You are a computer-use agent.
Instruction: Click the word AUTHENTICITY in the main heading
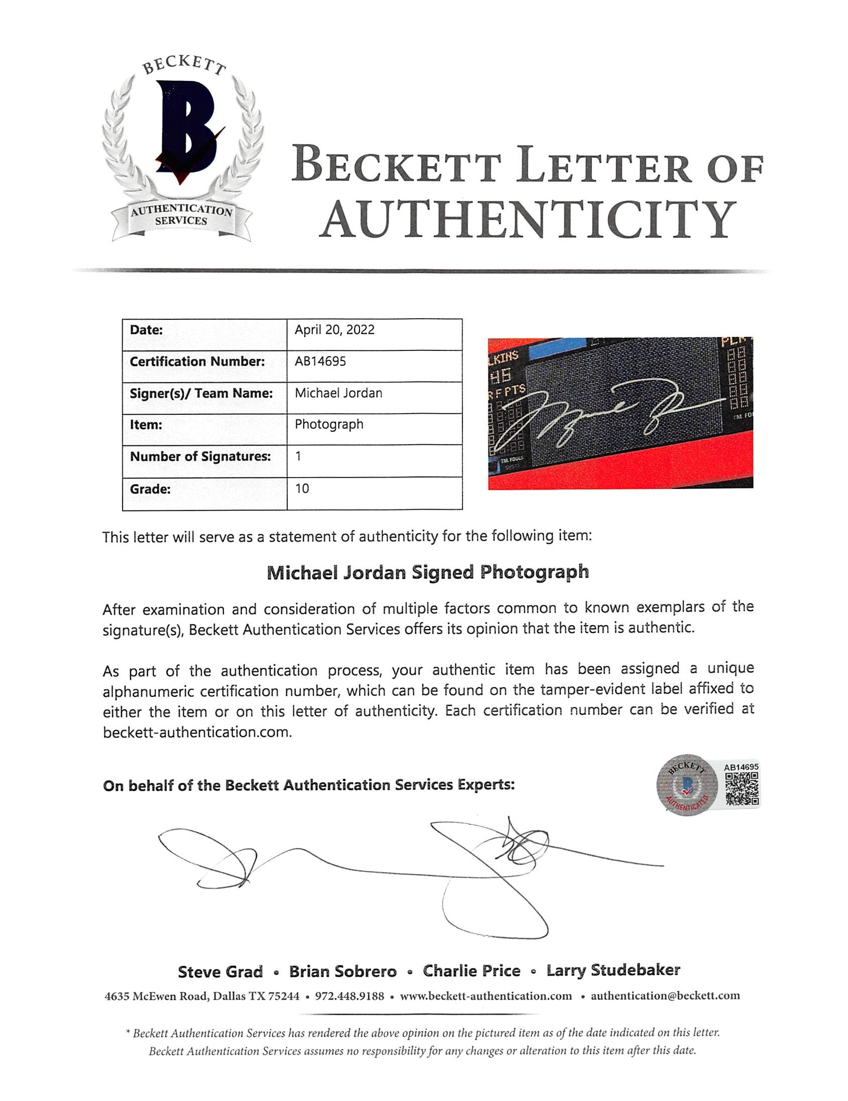529,220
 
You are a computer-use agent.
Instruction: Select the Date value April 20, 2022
334,330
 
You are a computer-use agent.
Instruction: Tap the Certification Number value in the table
320,362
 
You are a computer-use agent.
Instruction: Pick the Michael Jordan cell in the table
338,393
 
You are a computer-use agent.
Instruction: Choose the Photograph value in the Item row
328,424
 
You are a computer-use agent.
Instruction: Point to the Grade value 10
302,489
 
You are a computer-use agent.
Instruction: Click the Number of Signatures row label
200,457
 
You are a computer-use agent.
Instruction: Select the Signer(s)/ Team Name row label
201,393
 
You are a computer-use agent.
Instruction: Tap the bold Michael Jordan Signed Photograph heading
427,573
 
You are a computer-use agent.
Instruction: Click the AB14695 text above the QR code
741,767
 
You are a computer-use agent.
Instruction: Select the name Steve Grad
220,972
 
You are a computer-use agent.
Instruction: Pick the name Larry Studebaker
613,970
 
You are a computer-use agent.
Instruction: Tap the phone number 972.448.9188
349,996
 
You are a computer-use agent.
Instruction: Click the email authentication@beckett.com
665,996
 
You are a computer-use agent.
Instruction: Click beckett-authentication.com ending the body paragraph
197,732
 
